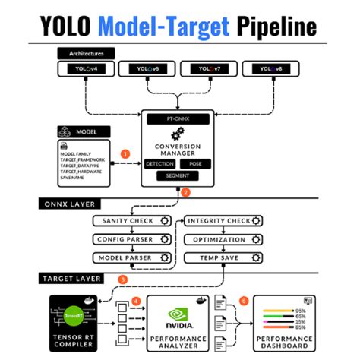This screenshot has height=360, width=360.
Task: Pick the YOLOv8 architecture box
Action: (276, 69)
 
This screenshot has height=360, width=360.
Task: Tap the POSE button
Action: (197, 163)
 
